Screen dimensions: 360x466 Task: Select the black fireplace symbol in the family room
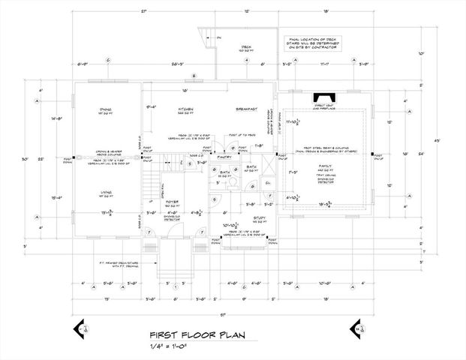[x=324, y=97]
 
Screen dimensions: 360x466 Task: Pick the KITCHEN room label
[x=187, y=109]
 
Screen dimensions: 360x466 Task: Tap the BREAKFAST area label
[x=246, y=109]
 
